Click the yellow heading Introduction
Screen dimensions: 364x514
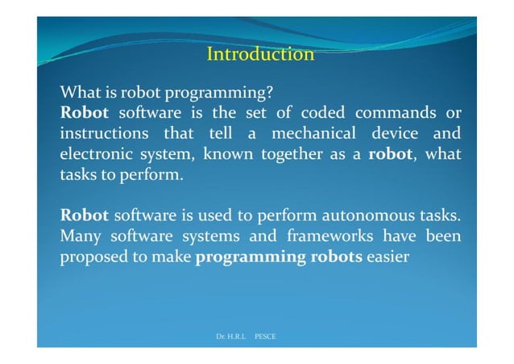click(260, 54)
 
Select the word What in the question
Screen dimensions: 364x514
click(79, 92)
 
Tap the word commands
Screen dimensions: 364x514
click(386, 111)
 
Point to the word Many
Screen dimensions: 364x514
click(80, 237)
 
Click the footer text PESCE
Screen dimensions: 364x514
click(265, 335)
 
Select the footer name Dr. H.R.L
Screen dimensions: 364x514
click(230, 335)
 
